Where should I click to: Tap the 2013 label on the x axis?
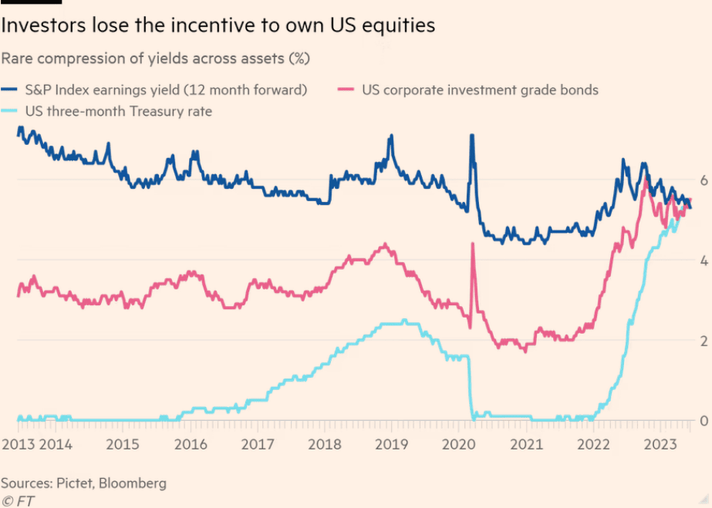pyautogui.click(x=18, y=445)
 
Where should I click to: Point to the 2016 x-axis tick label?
pyautogui.click(x=191, y=445)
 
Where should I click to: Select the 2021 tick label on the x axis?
pyautogui.click(x=526, y=445)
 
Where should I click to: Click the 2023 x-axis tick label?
pyautogui.click(x=660, y=445)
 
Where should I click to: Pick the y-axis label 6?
pyautogui.click(x=703, y=180)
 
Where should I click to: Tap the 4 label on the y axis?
pyautogui.click(x=703, y=261)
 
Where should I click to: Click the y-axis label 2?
pyautogui.click(x=703, y=341)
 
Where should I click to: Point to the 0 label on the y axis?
pyautogui.click(x=703, y=421)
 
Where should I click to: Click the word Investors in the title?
pyautogui.click(x=39, y=25)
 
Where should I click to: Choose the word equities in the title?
pyautogui.click(x=400, y=25)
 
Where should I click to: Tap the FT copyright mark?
pyautogui.click(x=18, y=500)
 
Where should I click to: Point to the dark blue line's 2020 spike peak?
pyautogui.click(x=471, y=136)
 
